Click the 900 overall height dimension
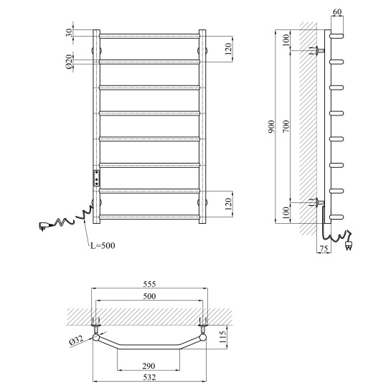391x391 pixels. point(271,126)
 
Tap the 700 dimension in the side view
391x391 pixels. point(286,126)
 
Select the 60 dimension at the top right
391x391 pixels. point(337,11)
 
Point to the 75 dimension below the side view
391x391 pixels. point(324,248)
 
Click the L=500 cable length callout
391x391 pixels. point(103,245)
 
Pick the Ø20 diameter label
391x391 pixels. point(69,62)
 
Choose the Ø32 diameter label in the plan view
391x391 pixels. point(76,341)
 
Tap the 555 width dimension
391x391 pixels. point(149,284)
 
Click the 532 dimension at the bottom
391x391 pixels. point(149,377)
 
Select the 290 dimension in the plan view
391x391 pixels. point(149,366)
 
